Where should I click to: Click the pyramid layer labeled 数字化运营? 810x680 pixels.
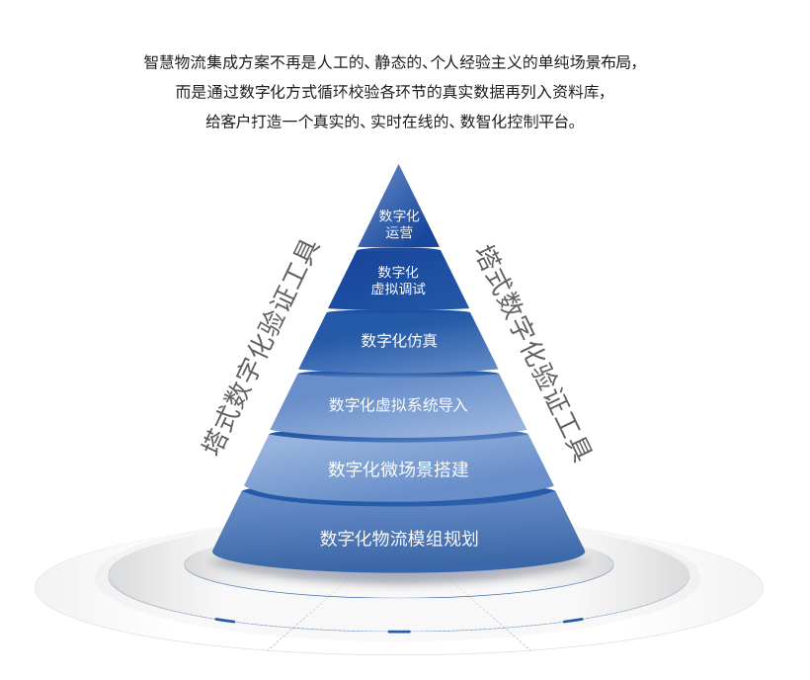(x=399, y=223)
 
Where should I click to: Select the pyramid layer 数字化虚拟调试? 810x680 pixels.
(x=398, y=280)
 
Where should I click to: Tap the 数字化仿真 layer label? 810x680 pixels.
(x=399, y=341)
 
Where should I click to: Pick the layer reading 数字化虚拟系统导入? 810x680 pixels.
(x=398, y=404)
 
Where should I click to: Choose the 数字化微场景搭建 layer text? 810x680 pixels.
(x=398, y=468)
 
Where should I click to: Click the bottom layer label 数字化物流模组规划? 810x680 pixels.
(x=399, y=539)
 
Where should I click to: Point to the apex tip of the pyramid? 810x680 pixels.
(x=398, y=166)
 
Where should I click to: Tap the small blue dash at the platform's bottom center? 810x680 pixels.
(x=399, y=631)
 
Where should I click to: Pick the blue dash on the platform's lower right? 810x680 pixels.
(x=573, y=621)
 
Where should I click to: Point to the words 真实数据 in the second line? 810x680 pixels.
(x=486, y=92)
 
